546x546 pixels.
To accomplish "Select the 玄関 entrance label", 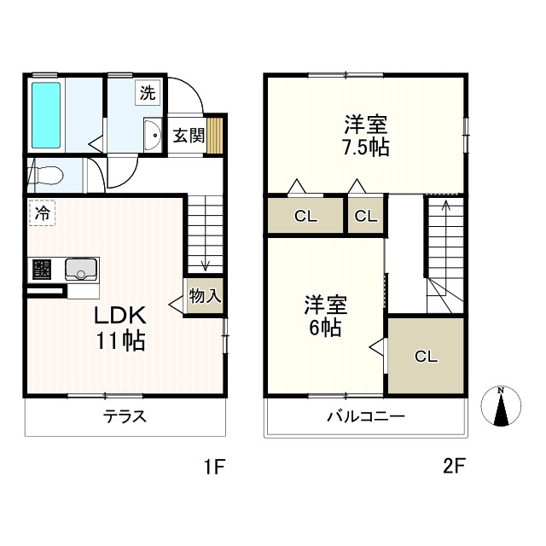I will pyautogui.click(x=188, y=135).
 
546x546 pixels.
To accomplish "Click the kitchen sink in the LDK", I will pyautogui.click(x=82, y=270).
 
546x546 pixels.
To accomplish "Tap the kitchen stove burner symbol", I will pyautogui.click(x=41, y=270).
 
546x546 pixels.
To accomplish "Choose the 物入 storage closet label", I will pyautogui.click(x=205, y=297).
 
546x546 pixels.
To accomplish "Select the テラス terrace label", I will pyautogui.click(x=125, y=417).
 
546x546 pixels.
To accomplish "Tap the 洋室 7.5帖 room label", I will pyautogui.click(x=367, y=136).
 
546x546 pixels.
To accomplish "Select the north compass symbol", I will pyautogui.click(x=502, y=406).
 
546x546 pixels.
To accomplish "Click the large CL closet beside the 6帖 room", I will pyautogui.click(x=426, y=357).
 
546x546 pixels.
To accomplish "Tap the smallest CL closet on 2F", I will pyautogui.click(x=365, y=215).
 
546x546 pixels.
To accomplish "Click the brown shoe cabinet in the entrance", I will pyautogui.click(x=217, y=134).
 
